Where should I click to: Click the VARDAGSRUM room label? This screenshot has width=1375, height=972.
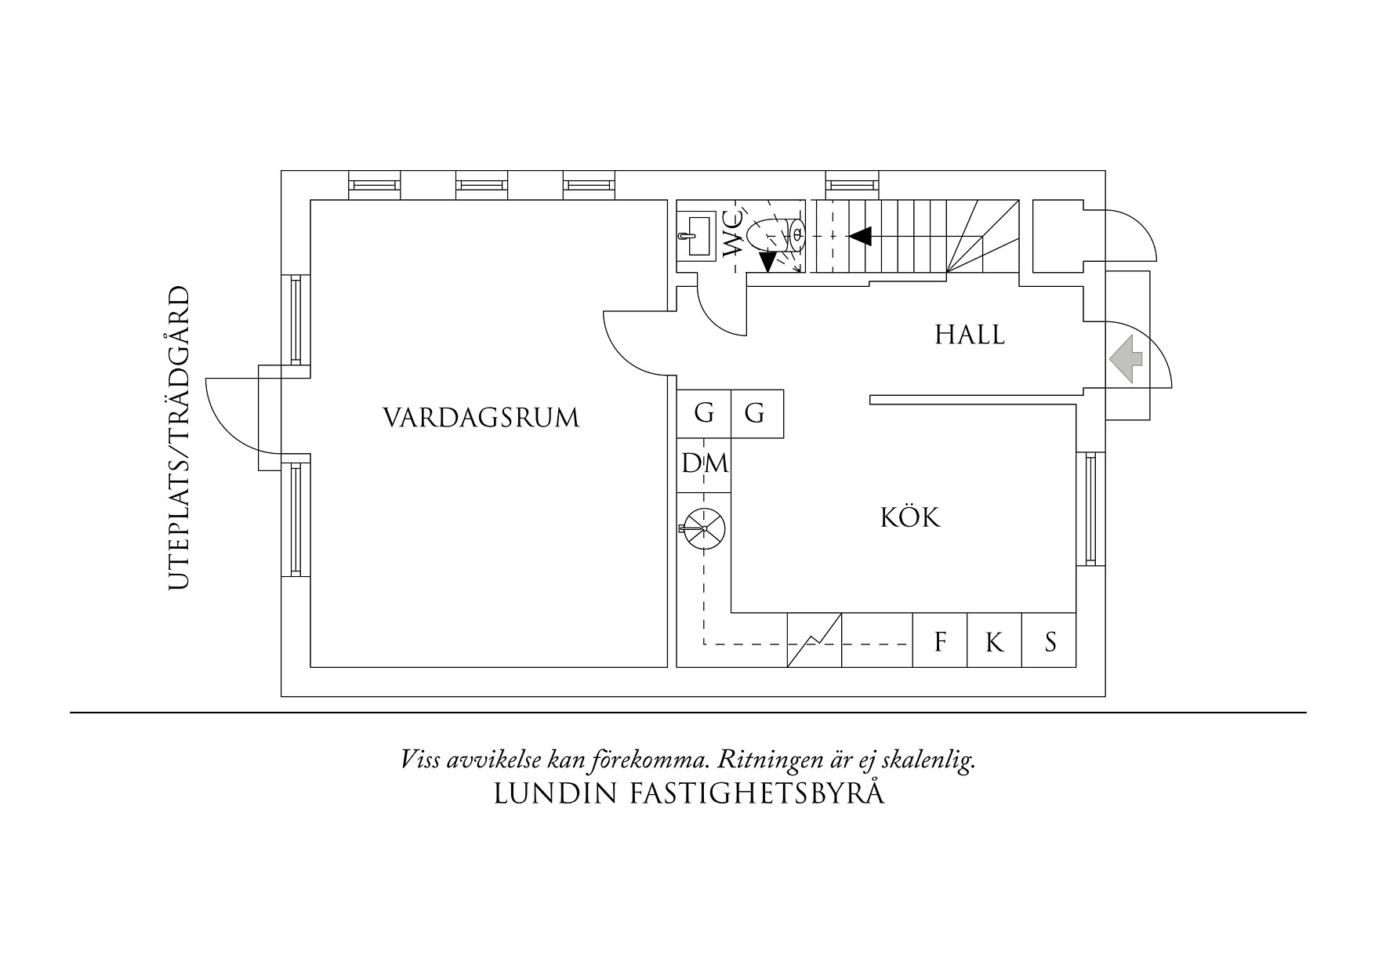pyautogui.click(x=481, y=417)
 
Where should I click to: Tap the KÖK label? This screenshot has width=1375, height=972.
pyautogui.click(x=910, y=517)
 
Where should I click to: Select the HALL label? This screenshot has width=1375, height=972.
pyautogui.click(x=969, y=335)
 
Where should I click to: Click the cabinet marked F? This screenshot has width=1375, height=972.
pyautogui.click(x=940, y=642)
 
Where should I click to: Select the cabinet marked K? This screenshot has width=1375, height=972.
pyautogui.click(x=994, y=642)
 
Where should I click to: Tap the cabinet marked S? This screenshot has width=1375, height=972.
pyautogui.click(x=1050, y=642)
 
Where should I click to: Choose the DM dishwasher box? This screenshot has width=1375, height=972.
pyautogui.click(x=704, y=464)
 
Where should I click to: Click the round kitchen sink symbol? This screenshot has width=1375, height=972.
pyautogui.click(x=704, y=528)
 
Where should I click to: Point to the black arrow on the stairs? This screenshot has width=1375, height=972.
pyautogui.click(x=861, y=235)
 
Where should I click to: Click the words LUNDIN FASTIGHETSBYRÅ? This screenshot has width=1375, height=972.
pyautogui.click(x=689, y=794)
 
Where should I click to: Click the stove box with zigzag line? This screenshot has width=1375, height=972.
pyautogui.click(x=814, y=640)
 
